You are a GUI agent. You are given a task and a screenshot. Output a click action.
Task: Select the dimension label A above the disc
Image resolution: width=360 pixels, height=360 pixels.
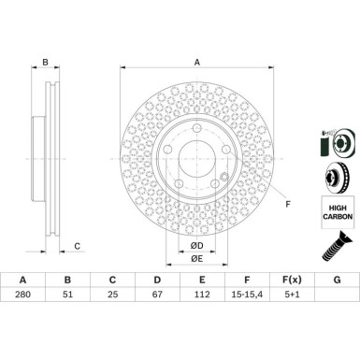(x=196, y=62)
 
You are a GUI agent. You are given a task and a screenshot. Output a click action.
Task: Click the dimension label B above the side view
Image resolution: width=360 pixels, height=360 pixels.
(x=44, y=64)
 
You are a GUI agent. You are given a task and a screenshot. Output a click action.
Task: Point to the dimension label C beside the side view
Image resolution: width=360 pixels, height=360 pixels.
(x=79, y=246)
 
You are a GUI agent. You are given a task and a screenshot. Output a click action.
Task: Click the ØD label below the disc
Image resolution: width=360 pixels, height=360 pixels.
(x=196, y=245)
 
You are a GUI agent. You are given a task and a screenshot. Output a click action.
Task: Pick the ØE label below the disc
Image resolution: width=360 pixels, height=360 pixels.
(x=196, y=258)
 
